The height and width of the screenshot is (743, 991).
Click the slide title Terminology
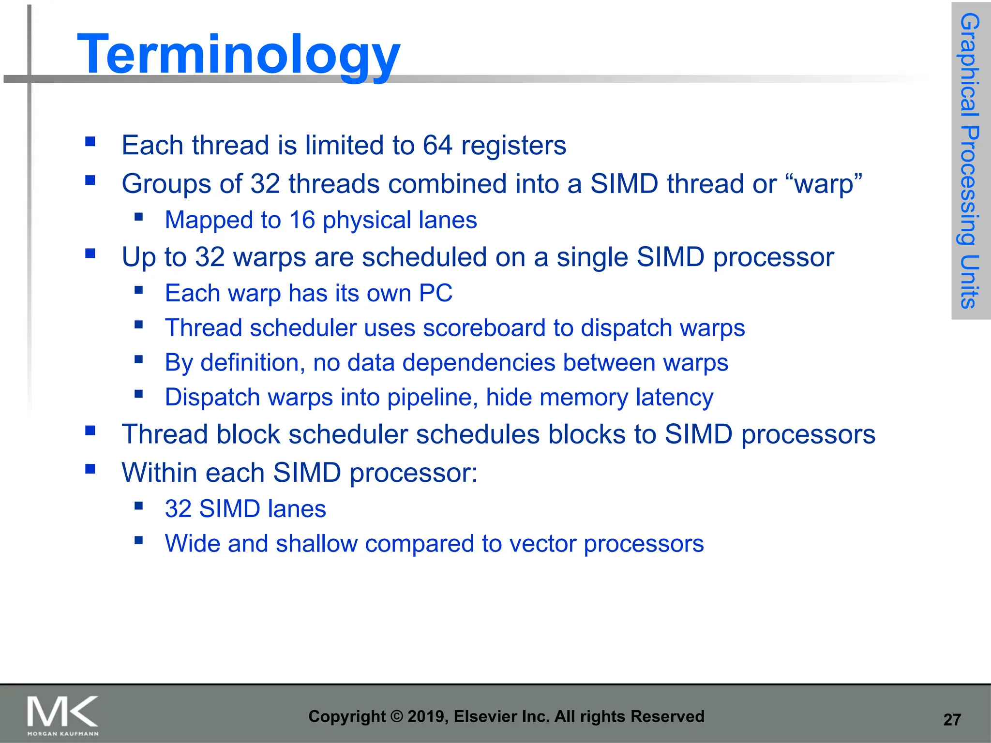[x=239, y=54]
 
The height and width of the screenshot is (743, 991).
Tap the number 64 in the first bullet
[x=437, y=145]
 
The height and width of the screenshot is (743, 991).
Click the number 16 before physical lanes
[x=302, y=220]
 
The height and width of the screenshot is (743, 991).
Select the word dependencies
[x=479, y=363]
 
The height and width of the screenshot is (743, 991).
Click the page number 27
[x=952, y=720]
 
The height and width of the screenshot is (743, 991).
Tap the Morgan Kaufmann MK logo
[x=63, y=714]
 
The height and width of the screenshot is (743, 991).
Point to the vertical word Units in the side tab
[x=970, y=282]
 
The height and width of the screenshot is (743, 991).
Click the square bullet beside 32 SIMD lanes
[x=139, y=506]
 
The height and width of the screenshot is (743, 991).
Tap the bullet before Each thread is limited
[x=90, y=142]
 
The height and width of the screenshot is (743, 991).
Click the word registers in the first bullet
[x=513, y=145]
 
